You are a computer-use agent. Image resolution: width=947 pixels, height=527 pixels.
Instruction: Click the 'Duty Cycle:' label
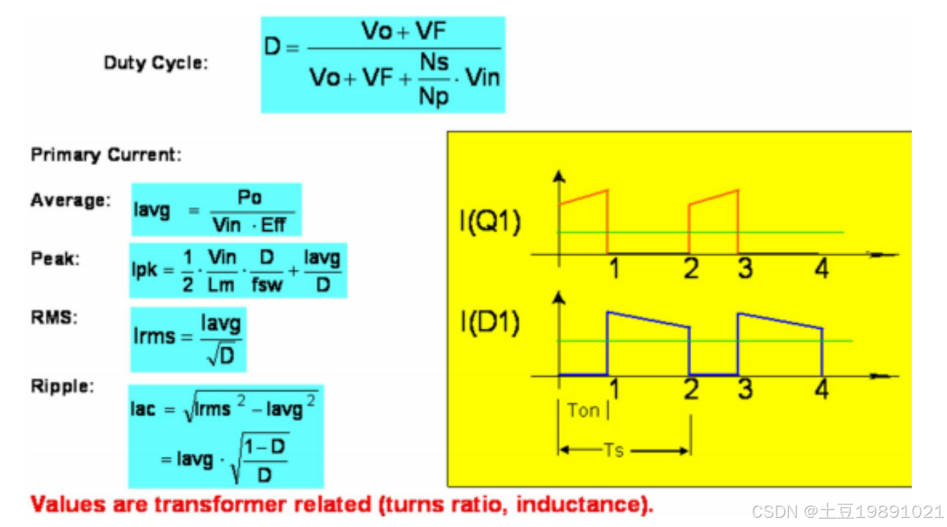156,63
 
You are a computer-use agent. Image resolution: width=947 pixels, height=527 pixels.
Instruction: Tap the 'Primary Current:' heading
105,155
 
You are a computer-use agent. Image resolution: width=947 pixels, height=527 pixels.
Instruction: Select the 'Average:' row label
70,200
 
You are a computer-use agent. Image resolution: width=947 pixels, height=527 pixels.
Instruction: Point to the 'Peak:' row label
56,259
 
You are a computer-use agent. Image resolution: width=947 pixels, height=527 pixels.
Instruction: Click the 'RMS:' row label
53,317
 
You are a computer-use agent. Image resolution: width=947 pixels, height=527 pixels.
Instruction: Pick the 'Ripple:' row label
62,386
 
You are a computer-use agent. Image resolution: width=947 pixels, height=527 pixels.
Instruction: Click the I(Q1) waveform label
489,226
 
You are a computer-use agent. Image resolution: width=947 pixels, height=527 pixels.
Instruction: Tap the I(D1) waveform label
489,324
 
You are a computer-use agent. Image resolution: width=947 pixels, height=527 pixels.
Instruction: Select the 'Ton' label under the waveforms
583,410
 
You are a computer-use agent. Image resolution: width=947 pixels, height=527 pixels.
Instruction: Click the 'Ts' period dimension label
613,450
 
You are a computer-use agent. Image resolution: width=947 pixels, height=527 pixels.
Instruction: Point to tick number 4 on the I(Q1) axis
821,268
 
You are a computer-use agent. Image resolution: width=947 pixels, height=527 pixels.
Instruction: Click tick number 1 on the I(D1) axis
614,389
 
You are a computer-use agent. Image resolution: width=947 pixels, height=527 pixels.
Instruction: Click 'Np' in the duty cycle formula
433,96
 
